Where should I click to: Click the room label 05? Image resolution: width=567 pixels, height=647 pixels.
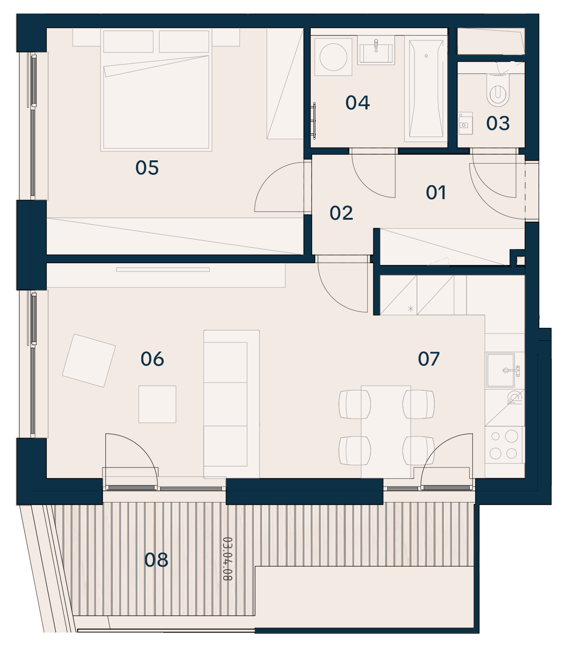(x=147, y=168)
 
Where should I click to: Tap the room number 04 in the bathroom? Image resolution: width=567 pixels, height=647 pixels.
(x=357, y=103)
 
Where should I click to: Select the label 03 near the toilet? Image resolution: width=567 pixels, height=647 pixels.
(x=498, y=123)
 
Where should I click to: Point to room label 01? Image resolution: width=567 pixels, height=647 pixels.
(x=436, y=193)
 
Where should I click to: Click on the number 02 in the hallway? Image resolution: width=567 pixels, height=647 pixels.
(x=341, y=213)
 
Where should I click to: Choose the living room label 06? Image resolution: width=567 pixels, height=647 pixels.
(x=152, y=359)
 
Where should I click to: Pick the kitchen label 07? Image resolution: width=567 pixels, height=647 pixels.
(x=429, y=359)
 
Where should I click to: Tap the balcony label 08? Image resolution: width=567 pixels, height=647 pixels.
(x=156, y=560)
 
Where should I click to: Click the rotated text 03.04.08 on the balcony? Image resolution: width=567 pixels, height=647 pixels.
(x=227, y=559)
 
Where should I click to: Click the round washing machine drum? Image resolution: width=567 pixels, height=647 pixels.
(x=333, y=57)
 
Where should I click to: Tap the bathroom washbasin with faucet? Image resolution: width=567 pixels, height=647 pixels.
(x=376, y=50)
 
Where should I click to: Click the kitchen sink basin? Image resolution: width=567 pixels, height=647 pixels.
(x=501, y=370)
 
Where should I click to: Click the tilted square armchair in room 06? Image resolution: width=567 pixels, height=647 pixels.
(x=89, y=360)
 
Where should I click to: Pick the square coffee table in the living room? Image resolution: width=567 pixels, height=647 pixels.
(x=157, y=404)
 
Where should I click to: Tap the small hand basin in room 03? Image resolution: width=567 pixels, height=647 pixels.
(x=465, y=123)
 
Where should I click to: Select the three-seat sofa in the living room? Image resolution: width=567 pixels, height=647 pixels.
(x=232, y=404)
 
